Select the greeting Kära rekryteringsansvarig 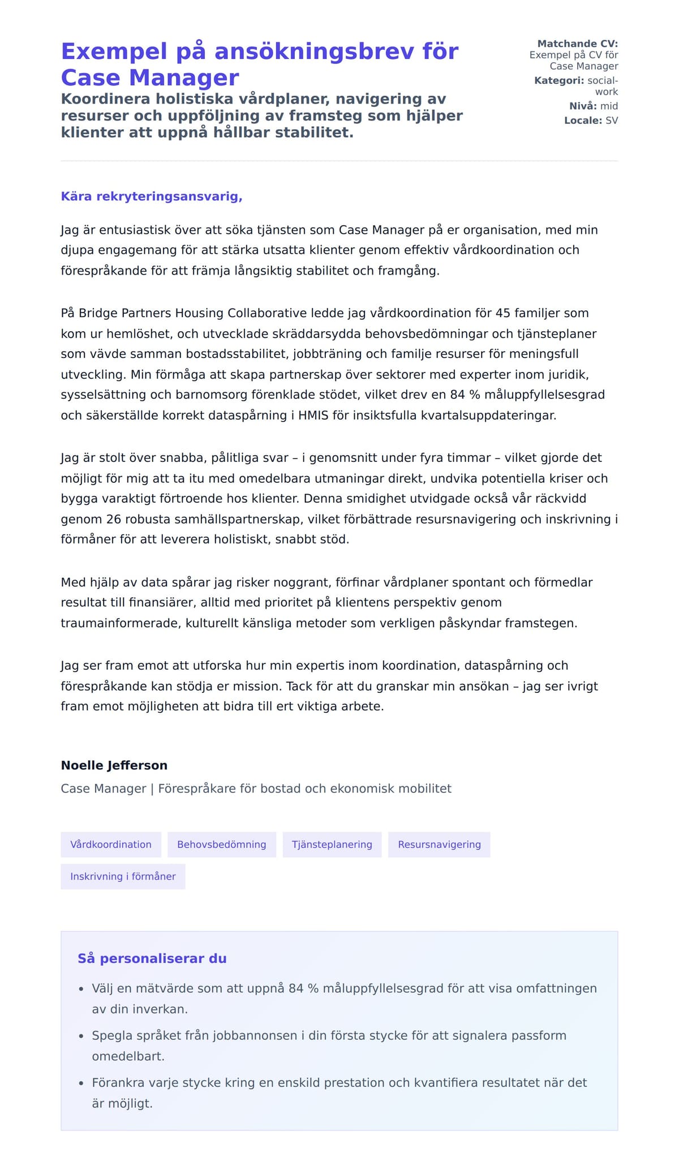point(152,196)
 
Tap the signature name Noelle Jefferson point(114,765)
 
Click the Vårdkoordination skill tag point(111,845)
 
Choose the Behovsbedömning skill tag point(221,845)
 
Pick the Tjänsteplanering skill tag point(332,845)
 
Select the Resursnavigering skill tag point(439,845)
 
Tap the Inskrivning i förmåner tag point(123,876)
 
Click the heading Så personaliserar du point(152,958)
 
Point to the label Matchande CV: point(577,44)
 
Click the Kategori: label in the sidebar point(559,80)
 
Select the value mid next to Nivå point(609,106)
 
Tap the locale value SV point(612,120)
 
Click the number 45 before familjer point(502,313)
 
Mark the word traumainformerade point(119,623)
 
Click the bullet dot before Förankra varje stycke point(81,1084)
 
